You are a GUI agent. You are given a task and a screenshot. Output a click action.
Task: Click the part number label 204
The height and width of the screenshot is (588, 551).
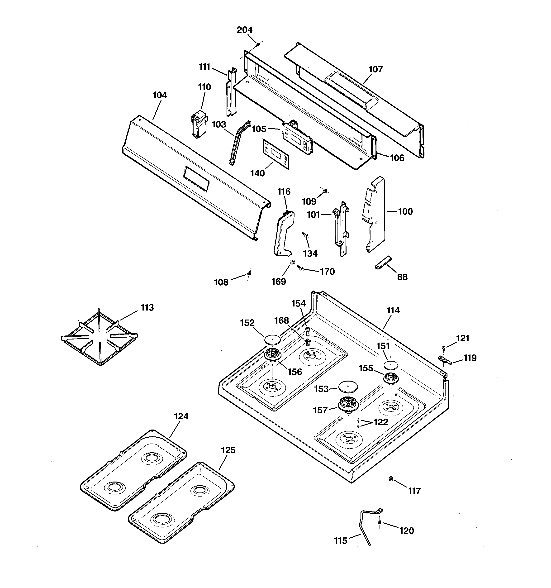pos(244,30)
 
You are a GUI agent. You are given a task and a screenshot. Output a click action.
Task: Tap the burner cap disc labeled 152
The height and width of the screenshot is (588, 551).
pos(272,339)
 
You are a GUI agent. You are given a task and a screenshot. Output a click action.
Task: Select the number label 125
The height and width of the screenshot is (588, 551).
pos(228,450)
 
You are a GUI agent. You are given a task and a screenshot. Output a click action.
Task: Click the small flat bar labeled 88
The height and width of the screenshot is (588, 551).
pos(383,262)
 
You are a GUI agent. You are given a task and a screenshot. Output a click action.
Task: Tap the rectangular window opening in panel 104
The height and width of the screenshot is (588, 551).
pos(196,178)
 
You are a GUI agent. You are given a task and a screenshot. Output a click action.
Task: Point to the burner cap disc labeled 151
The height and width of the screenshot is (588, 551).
pos(391,365)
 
